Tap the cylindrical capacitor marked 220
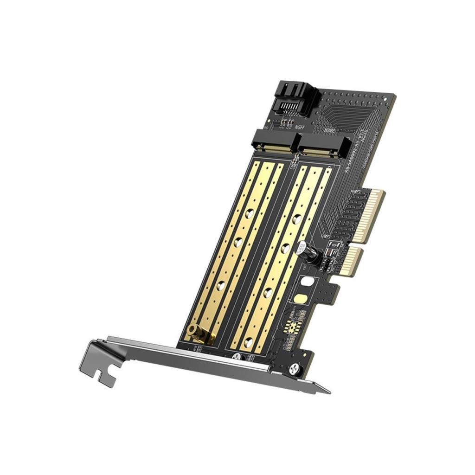tap(303, 250)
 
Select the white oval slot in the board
tap(306, 281)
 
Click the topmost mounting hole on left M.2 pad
tap(249, 213)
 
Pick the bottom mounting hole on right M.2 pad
tap(249, 342)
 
